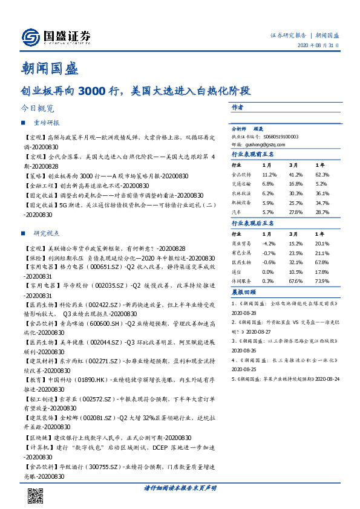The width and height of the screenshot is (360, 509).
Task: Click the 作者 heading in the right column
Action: (237, 107)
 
